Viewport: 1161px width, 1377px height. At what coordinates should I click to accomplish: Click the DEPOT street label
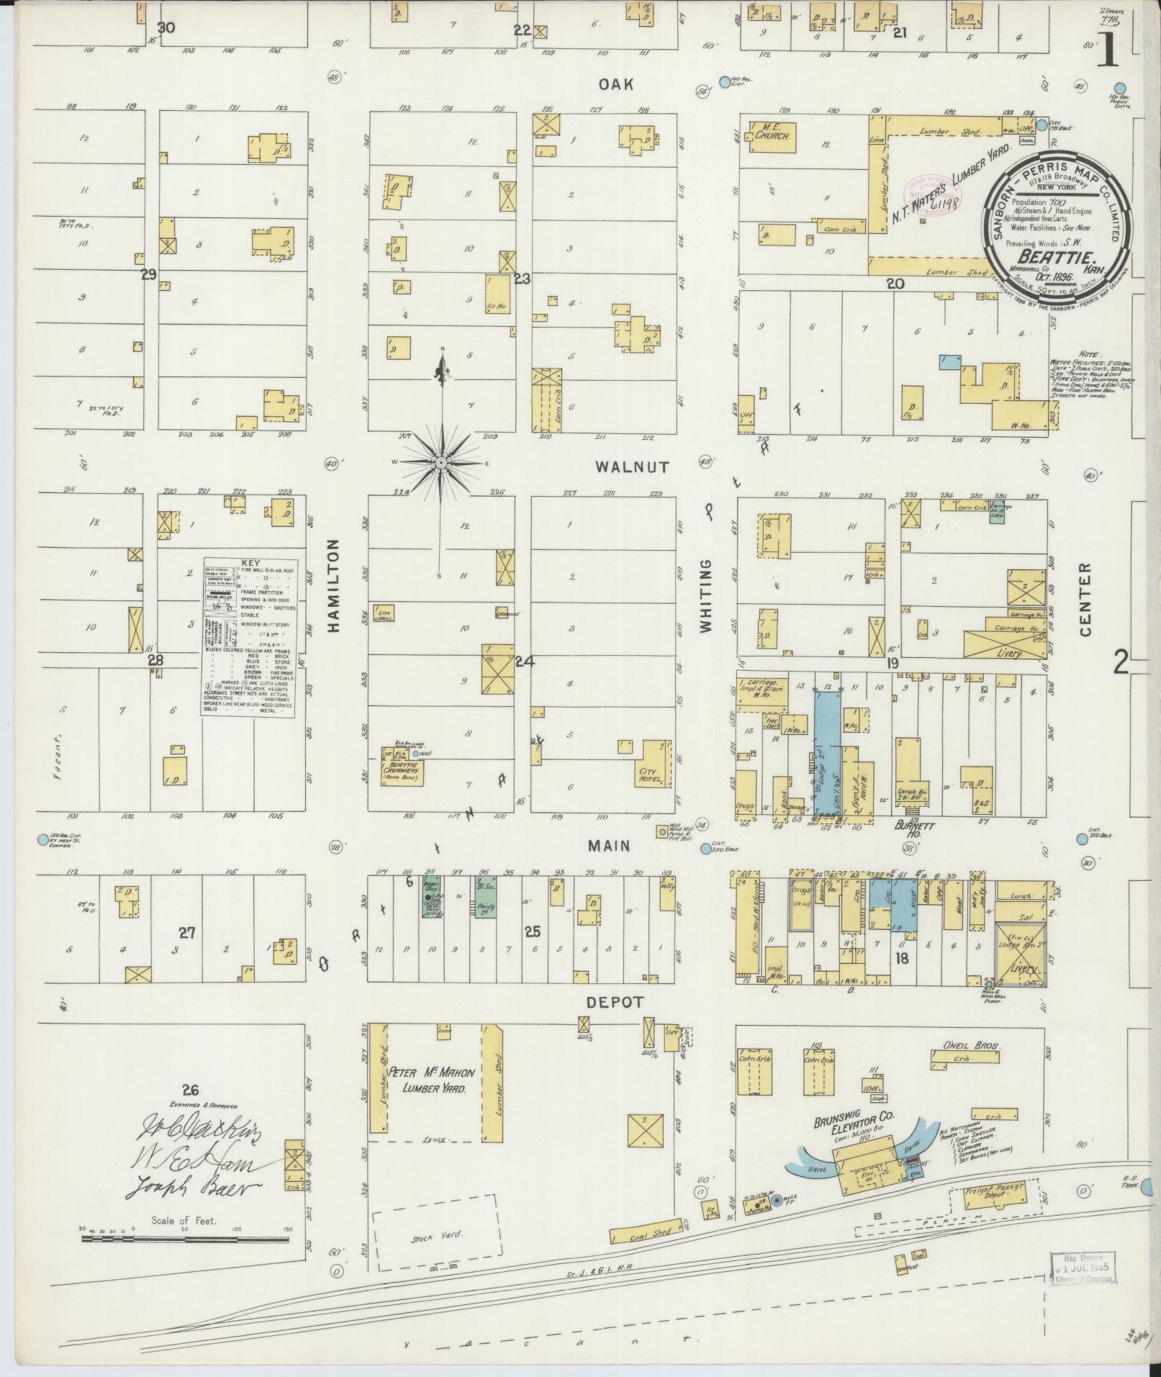tap(613, 1002)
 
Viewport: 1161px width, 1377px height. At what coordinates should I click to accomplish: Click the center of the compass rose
tap(441, 462)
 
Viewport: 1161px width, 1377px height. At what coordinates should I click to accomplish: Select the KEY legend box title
tap(250, 564)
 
